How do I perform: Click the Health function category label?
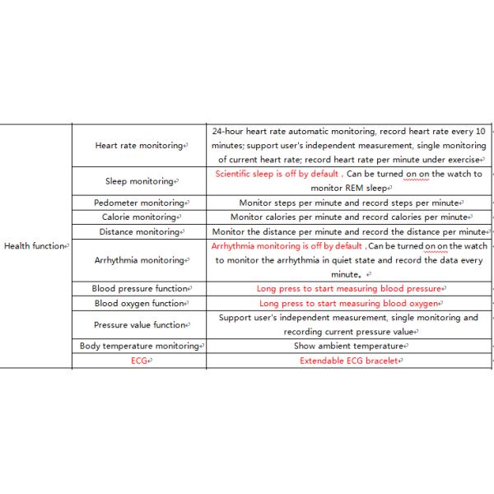(35, 246)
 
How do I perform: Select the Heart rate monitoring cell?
(138, 145)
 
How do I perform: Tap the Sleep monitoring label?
(139, 181)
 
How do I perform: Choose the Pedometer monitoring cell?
(138, 203)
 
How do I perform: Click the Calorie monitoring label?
(139, 217)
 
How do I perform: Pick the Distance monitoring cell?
(139, 232)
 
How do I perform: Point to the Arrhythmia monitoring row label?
(139, 260)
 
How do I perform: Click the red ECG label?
(139, 361)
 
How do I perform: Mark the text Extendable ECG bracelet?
(349, 361)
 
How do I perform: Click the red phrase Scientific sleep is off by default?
(277, 175)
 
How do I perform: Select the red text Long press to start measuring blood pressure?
(349, 289)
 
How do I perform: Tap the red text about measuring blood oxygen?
(349, 304)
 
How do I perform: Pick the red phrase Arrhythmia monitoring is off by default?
(286, 246)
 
